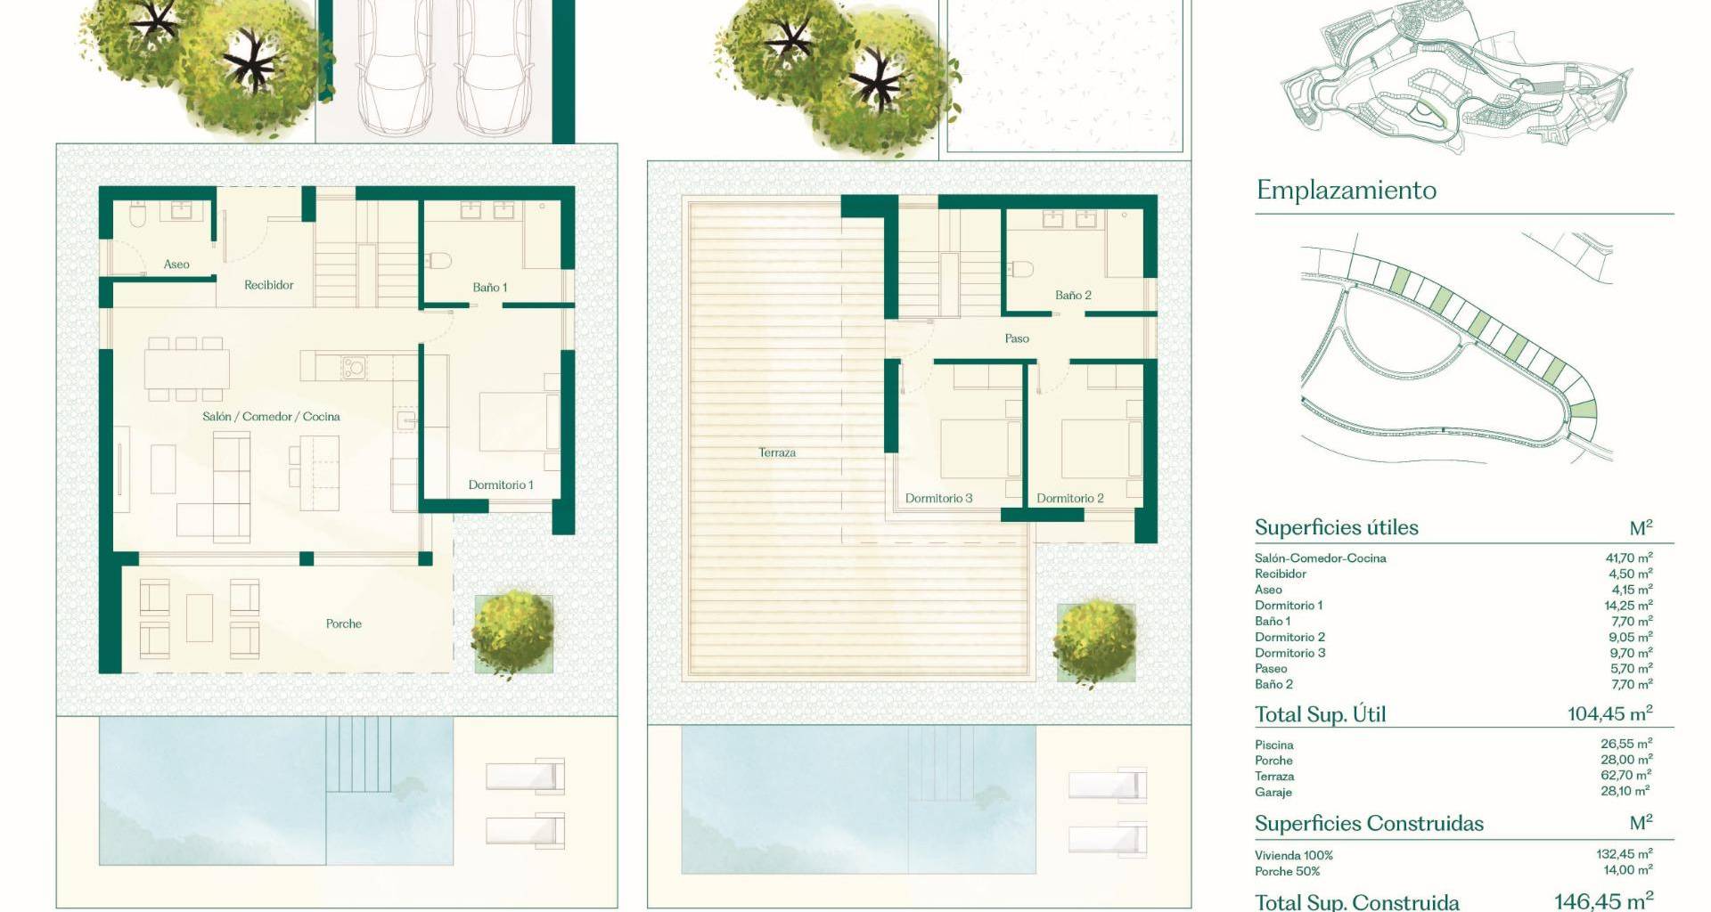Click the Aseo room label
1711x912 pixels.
(x=176, y=265)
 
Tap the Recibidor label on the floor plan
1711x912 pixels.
(x=269, y=285)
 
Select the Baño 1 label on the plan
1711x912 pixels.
(x=490, y=288)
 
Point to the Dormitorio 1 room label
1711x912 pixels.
(x=501, y=485)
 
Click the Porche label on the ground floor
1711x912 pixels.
(x=344, y=624)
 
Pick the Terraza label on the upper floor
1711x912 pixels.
(x=777, y=452)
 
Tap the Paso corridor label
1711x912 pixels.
(x=1017, y=338)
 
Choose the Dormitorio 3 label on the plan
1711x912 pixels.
(x=939, y=499)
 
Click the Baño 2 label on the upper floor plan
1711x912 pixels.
(x=1073, y=296)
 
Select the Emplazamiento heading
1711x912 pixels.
(x=1347, y=191)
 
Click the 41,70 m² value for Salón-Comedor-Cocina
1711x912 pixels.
(x=1629, y=558)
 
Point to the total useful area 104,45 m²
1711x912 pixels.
(x=1610, y=714)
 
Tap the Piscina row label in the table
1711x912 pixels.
(x=1274, y=745)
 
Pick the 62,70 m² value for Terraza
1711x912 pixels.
(x=1627, y=776)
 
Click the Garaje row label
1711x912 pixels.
(x=1273, y=793)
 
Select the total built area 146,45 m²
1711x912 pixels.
(x=1604, y=901)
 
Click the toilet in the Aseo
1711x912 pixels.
(x=137, y=215)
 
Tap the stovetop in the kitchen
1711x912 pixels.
(x=353, y=366)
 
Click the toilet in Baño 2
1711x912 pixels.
(x=1021, y=269)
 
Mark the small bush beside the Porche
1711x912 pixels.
(x=512, y=633)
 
